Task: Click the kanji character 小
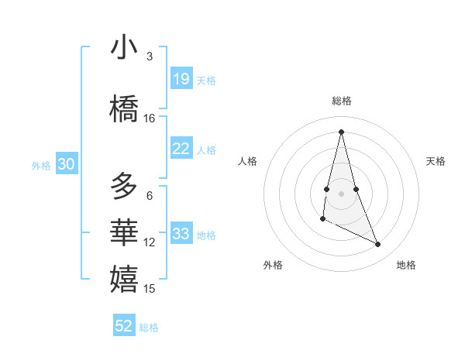click(x=124, y=48)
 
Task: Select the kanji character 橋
click(x=124, y=109)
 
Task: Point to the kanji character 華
click(x=124, y=233)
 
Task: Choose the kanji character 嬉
click(x=124, y=279)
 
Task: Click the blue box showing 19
click(x=181, y=79)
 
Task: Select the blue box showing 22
click(x=181, y=149)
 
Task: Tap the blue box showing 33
click(x=181, y=234)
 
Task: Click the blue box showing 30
click(x=66, y=164)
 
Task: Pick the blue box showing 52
click(x=124, y=326)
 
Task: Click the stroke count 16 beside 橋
click(x=150, y=118)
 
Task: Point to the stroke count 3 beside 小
click(x=150, y=57)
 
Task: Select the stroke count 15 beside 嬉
click(x=150, y=289)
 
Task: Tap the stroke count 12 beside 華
click(x=150, y=242)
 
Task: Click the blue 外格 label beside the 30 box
click(x=40, y=165)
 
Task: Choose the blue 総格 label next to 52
click(x=149, y=328)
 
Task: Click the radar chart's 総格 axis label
click(x=342, y=101)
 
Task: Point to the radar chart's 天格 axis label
click(x=436, y=161)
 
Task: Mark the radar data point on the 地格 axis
click(x=378, y=245)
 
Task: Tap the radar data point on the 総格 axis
click(x=341, y=132)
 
